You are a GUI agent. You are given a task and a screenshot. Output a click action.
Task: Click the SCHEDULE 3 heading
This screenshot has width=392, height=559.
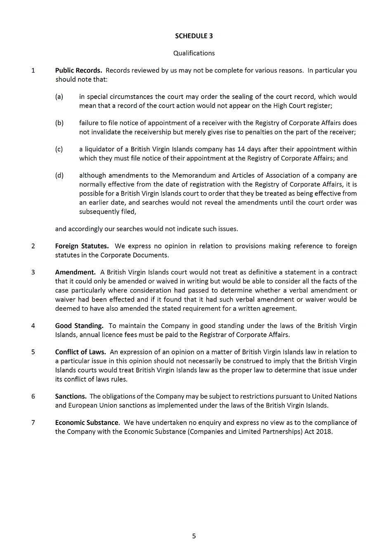click(x=194, y=36)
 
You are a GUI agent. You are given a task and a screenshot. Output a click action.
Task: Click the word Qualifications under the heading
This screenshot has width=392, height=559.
click(x=194, y=53)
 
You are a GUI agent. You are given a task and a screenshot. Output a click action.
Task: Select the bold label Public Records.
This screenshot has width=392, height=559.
click(x=78, y=71)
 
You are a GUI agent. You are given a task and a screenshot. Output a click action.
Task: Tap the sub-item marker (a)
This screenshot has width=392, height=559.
click(x=59, y=97)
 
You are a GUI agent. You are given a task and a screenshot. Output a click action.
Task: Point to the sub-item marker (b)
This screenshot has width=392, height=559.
click(x=59, y=123)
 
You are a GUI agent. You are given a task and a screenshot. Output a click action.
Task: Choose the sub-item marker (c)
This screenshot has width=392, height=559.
click(x=59, y=149)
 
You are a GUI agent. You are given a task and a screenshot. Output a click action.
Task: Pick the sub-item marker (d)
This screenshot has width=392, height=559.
click(x=59, y=175)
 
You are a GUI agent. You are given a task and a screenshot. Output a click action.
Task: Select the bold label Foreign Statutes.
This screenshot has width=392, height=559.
click(x=82, y=246)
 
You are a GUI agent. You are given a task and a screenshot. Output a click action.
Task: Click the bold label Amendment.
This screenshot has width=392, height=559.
click(x=75, y=272)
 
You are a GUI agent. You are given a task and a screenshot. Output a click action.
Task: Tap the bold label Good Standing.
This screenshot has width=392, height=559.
click(x=79, y=326)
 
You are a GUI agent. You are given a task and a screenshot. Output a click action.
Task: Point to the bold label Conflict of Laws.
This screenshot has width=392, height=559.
click(x=80, y=352)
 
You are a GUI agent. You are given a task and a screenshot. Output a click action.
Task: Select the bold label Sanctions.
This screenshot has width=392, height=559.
click(x=71, y=396)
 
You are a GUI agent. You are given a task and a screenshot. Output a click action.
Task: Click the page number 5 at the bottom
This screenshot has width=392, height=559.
click(x=194, y=536)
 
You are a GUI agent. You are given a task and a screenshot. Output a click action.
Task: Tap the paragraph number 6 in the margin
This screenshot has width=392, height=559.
click(x=33, y=396)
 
